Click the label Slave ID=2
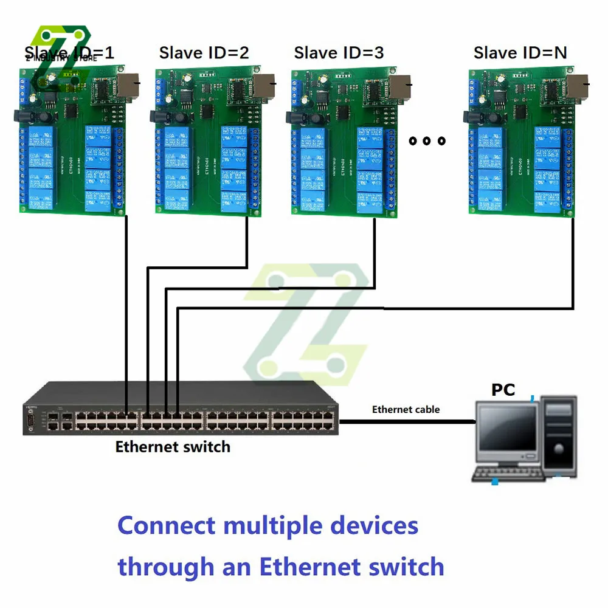point(204,53)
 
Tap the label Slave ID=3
point(339,53)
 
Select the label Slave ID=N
point(520,53)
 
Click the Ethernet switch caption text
point(173,447)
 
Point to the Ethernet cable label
point(406,409)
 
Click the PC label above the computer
point(503,390)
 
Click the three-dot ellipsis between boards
point(427,141)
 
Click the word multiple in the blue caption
point(271,525)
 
